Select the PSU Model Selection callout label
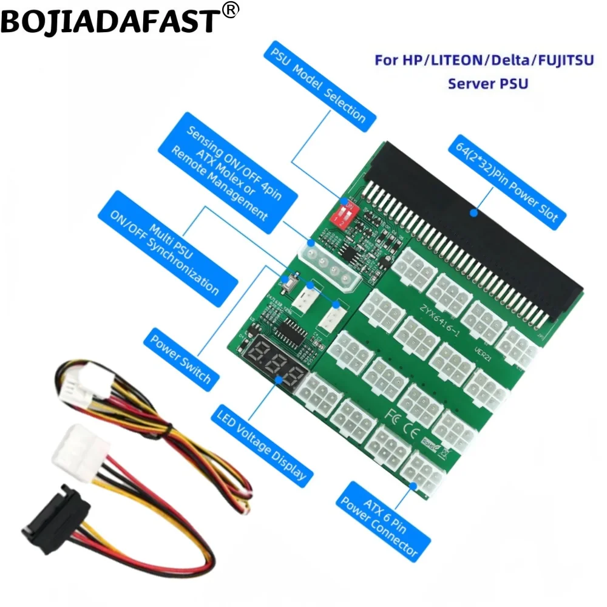tap(319, 84)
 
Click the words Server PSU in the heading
tap(488, 83)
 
